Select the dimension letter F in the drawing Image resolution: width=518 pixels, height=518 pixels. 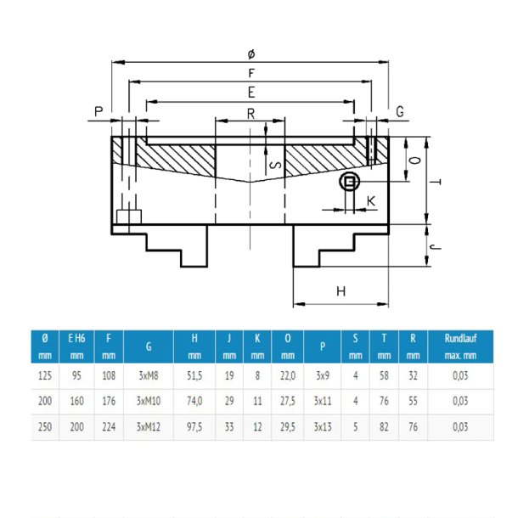point(250,73)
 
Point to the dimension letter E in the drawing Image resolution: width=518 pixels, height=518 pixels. point(250,92)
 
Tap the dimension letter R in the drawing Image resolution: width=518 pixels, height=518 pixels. point(250,112)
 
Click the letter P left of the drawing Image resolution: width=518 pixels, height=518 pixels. point(99,111)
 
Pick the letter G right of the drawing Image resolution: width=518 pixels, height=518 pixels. point(400,111)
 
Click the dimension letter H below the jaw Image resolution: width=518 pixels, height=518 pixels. point(341,291)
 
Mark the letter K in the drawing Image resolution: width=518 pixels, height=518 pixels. point(371,200)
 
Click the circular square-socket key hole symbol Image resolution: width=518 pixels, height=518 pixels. point(349,182)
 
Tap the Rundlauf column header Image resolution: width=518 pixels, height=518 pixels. point(459,346)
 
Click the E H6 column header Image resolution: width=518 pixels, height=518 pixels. point(77,346)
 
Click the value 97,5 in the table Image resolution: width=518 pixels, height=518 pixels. point(194,426)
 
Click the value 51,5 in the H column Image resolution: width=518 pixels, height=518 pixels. point(194,374)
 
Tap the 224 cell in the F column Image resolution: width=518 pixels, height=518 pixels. point(108,426)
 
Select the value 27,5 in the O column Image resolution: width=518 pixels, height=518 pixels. point(287,401)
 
